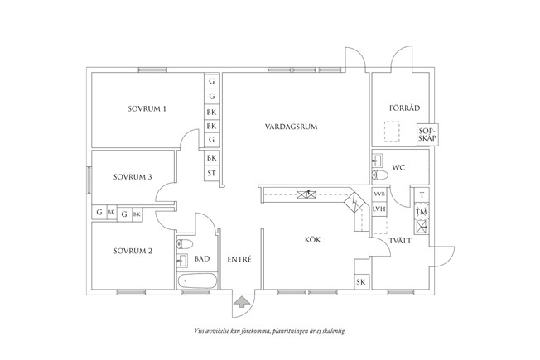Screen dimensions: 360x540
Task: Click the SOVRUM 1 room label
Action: click(147, 108)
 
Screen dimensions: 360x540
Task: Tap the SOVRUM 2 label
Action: click(133, 251)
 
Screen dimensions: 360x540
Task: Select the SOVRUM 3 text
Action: click(133, 176)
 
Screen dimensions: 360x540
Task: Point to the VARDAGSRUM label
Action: click(292, 127)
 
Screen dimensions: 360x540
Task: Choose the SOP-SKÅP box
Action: click(427, 134)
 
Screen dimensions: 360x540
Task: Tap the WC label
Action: click(398, 167)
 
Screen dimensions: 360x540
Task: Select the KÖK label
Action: click(312, 240)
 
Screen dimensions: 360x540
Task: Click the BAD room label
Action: click(202, 259)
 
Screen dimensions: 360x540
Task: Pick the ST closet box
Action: click(212, 173)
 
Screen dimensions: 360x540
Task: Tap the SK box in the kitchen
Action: click(361, 282)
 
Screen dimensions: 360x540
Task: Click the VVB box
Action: click(380, 194)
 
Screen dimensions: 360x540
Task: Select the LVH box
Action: click(380, 209)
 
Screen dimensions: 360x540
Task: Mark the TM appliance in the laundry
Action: click(422, 213)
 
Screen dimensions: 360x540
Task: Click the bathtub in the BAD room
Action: click(196, 282)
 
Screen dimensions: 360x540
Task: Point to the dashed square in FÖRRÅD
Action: click(392, 132)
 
